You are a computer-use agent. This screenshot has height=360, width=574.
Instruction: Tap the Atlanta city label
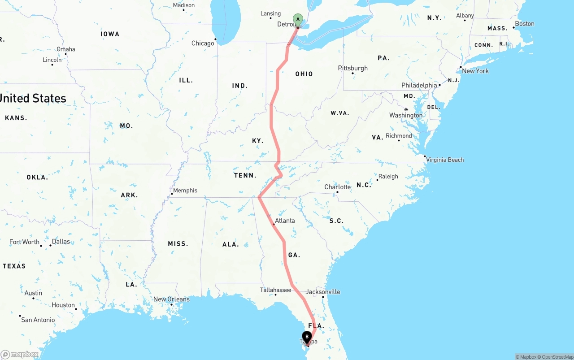pos(285,221)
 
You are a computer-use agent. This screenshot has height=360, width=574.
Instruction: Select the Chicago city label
pos(203,43)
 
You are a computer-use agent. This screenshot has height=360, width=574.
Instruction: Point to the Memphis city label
pos(185,191)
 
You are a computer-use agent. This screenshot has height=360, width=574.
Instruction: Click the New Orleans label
pos(171,299)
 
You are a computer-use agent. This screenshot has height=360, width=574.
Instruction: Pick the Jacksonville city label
pos(323,292)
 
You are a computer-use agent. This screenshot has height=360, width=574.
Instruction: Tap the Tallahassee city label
pos(275,290)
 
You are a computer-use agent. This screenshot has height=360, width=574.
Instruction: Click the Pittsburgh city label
pos(353,68)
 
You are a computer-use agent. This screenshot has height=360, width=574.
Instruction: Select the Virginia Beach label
pos(445,160)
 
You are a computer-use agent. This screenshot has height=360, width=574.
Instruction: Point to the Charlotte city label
pos(338,187)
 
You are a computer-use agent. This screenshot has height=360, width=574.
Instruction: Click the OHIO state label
pos(304,74)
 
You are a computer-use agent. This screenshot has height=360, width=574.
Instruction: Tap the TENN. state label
pos(245,176)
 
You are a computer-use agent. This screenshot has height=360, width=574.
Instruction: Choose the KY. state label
pos(257,141)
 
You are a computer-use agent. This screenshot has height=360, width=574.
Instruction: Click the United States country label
pos(33,98)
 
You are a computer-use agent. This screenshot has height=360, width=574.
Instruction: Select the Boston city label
pos(525,24)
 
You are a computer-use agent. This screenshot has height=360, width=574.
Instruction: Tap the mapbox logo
pos(20,355)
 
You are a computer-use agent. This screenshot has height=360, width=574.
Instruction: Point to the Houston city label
pos(63,305)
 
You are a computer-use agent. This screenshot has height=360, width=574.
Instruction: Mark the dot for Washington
pos(406,109)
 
